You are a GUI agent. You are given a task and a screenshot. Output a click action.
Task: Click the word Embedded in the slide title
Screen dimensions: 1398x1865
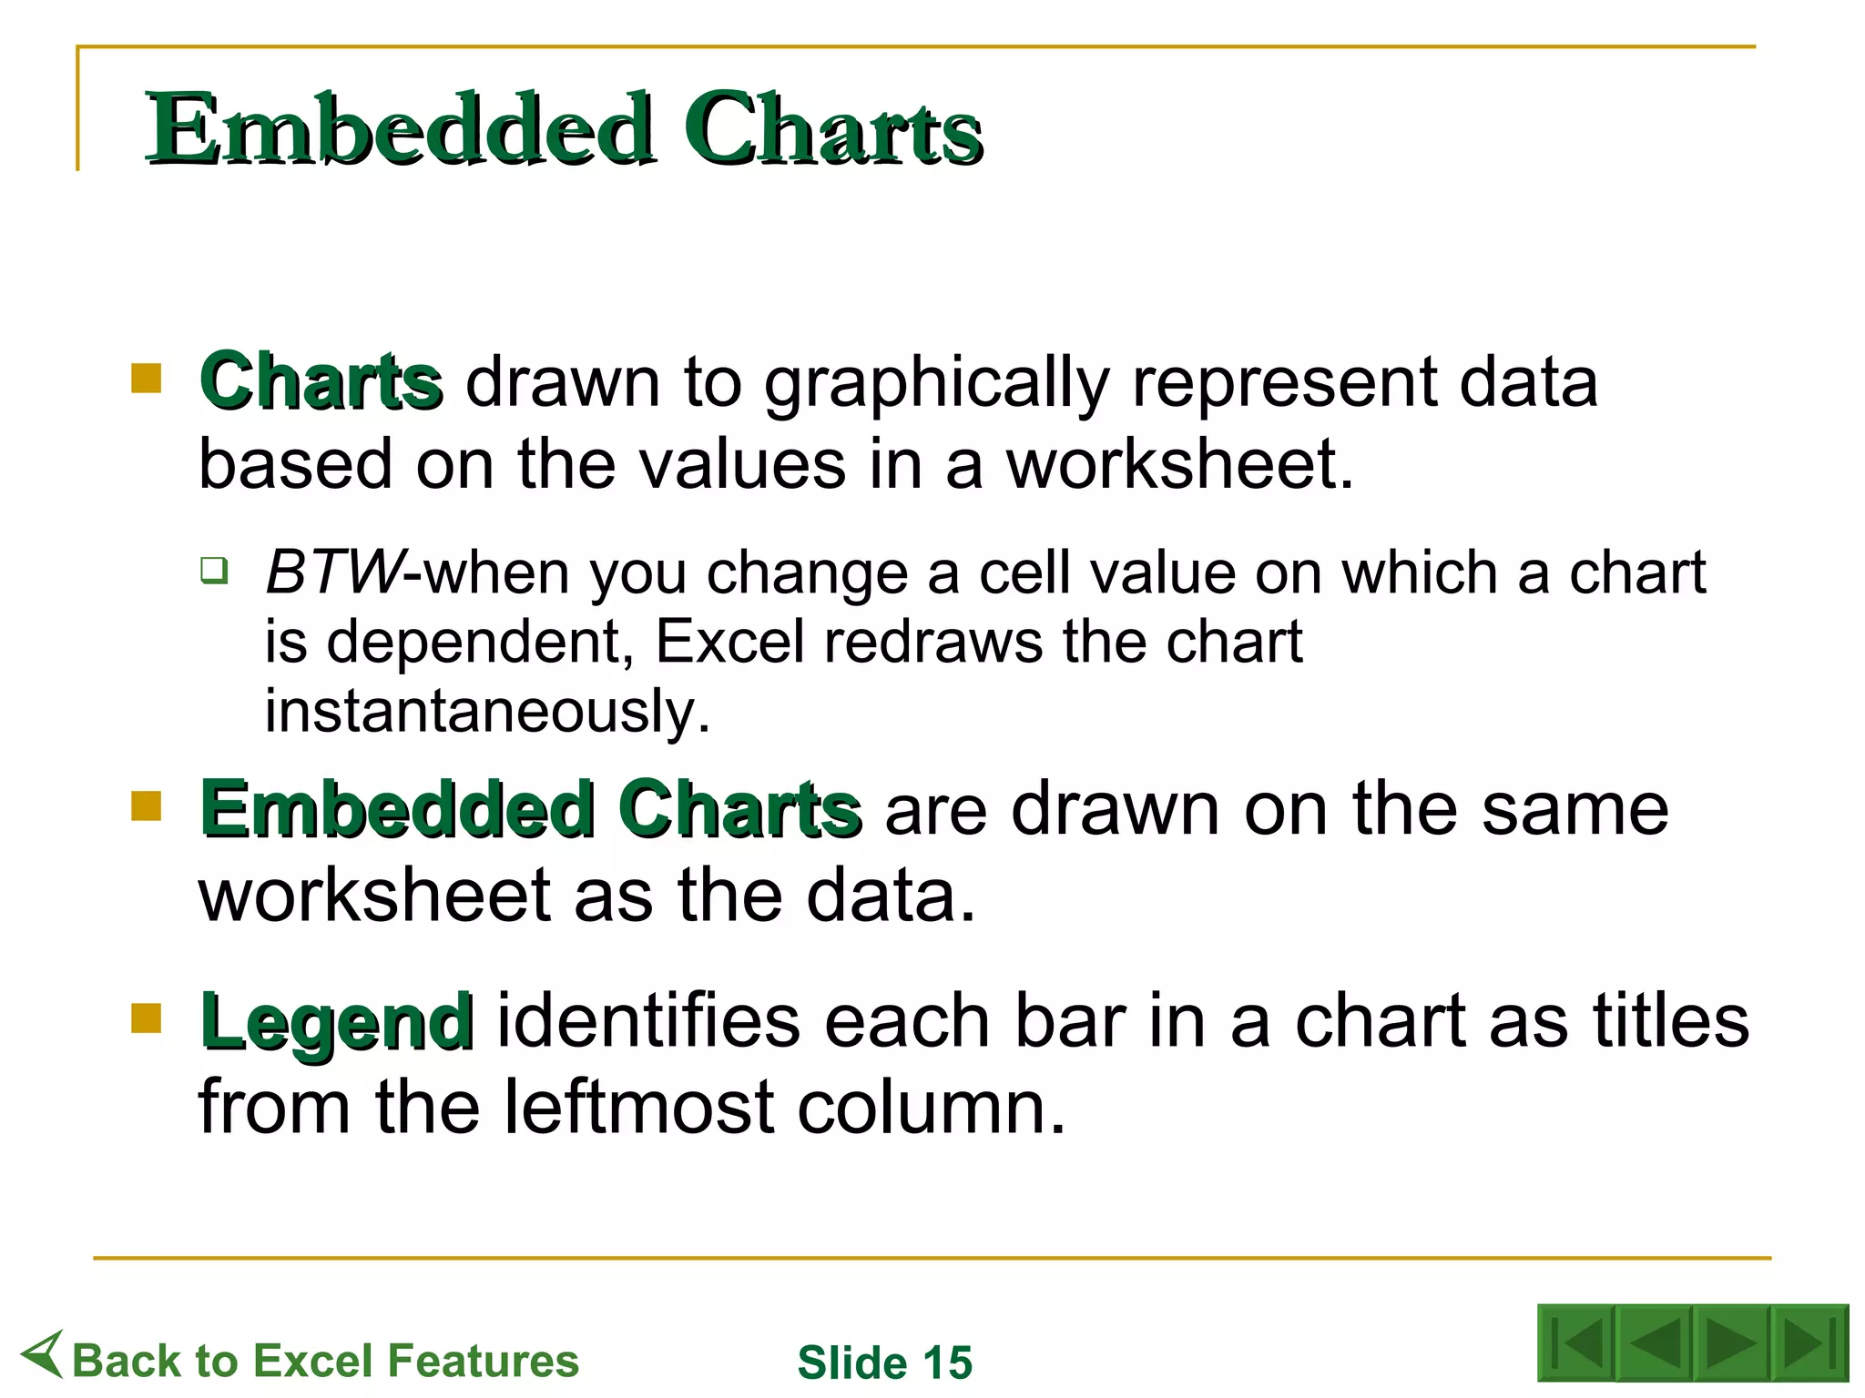[401, 129]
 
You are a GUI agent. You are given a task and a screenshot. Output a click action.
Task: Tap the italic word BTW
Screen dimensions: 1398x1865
[332, 573]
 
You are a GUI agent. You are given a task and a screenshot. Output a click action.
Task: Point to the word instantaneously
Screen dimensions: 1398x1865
[487, 711]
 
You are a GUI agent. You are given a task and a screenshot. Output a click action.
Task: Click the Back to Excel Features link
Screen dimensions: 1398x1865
[325, 1362]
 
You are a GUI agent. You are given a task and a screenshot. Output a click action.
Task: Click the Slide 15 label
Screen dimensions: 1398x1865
[885, 1363]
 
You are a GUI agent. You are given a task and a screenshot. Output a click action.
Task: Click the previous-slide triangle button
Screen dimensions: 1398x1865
[1654, 1343]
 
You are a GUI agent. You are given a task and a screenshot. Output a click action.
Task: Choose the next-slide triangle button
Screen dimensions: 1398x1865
[1730, 1343]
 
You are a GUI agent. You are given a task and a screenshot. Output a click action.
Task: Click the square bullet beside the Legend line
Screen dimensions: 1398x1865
[146, 1018]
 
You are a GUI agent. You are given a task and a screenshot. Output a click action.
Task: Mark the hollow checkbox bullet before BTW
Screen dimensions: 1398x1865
[215, 572]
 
